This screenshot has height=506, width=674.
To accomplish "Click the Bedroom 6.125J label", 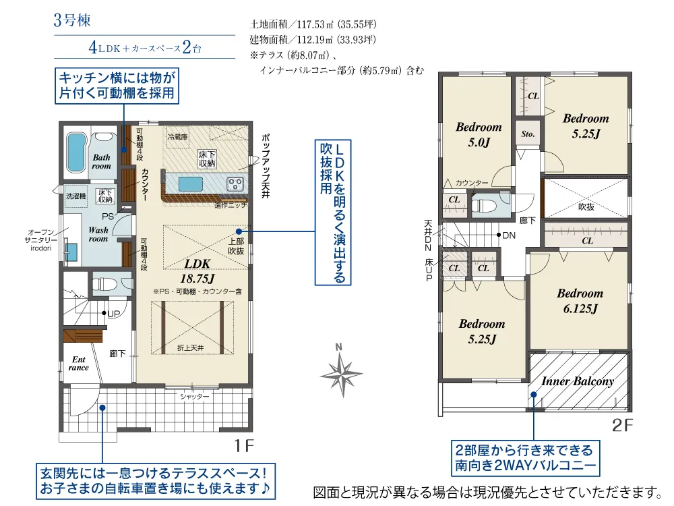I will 579,301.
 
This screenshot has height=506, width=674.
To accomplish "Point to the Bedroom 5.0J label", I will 479,134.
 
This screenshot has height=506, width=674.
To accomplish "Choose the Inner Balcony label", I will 577,381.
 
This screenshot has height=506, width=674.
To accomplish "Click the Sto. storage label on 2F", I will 528,134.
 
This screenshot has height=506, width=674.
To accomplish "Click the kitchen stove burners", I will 236,184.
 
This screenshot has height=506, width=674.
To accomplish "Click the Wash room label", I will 98,234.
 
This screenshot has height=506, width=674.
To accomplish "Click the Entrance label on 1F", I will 78,364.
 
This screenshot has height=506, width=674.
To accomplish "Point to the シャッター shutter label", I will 194,397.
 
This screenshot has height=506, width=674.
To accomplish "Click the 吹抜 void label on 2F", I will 586,207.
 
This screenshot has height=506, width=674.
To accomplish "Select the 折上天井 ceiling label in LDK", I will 191,347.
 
